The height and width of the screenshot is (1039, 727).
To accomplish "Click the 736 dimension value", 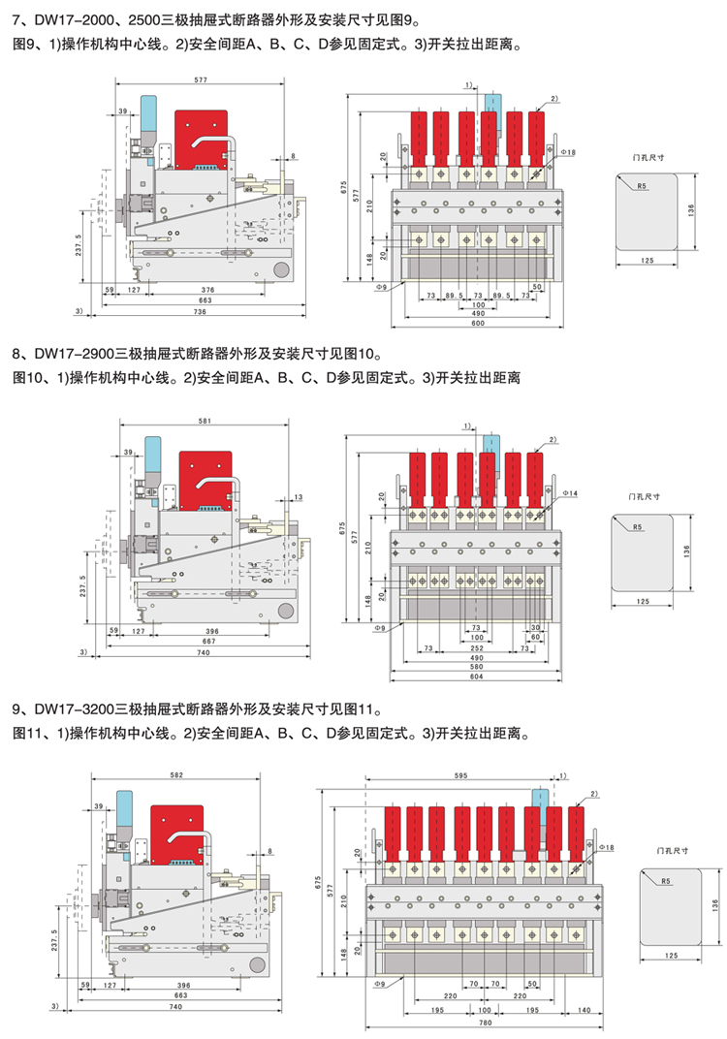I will coord(200,312).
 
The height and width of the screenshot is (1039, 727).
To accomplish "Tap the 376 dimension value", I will coord(207,290).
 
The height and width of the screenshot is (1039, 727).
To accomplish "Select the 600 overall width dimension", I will coord(478,325).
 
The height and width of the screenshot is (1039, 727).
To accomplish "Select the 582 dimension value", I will coord(175,775).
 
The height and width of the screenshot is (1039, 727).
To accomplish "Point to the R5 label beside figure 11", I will coord(665,881).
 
